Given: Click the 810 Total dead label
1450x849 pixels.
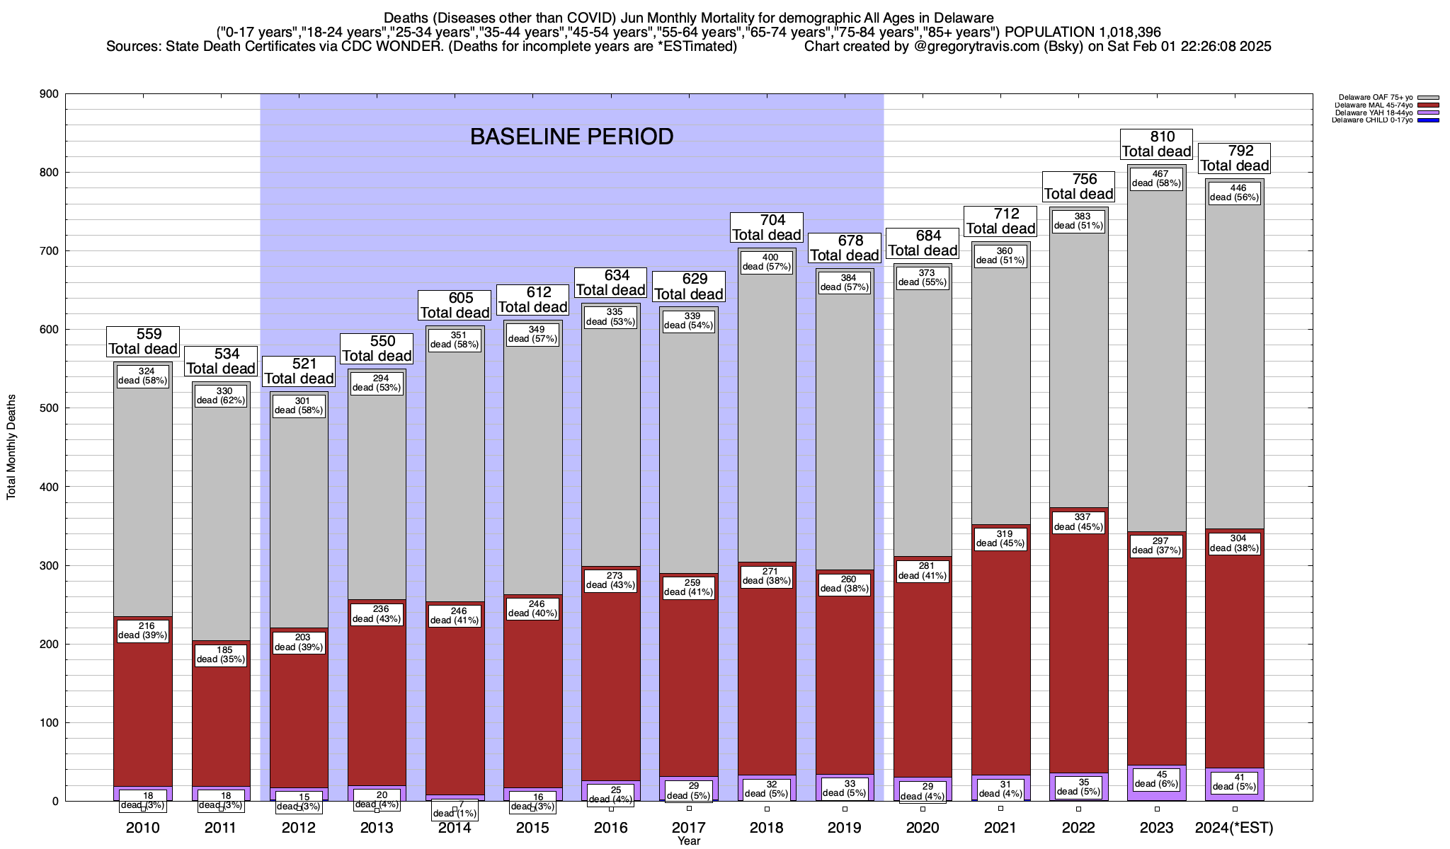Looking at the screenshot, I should point(1157,144).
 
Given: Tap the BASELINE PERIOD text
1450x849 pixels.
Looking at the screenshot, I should point(571,137).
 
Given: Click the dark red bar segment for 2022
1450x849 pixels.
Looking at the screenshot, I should point(1078,637).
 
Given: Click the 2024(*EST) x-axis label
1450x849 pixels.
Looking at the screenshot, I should point(1234,828).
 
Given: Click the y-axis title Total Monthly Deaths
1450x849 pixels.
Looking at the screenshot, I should point(11,447).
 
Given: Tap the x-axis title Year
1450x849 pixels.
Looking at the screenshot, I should point(688,841).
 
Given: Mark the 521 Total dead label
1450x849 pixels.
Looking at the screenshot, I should point(298,371).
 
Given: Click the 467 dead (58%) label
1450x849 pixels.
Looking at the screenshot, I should point(1157,178).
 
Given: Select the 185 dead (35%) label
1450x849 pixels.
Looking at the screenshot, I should point(221,654).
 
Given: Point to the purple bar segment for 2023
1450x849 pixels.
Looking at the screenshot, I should point(1157,795).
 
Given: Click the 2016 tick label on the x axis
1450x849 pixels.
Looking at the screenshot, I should point(610,828).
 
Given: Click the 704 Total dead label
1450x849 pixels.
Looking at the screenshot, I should point(767,228).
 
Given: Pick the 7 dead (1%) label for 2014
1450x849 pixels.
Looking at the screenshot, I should point(455,810).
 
